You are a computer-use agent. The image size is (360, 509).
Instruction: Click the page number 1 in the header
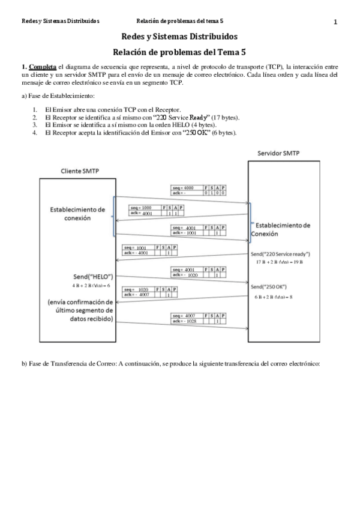coord(335,22)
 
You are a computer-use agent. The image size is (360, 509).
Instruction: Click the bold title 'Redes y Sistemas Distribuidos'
coord(179,37)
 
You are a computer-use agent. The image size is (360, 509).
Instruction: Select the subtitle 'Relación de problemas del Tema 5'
coord(179,52)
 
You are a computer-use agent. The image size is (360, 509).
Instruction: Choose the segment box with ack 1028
coord(199,319)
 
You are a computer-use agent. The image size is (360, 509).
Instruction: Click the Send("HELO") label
coord(92,277)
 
